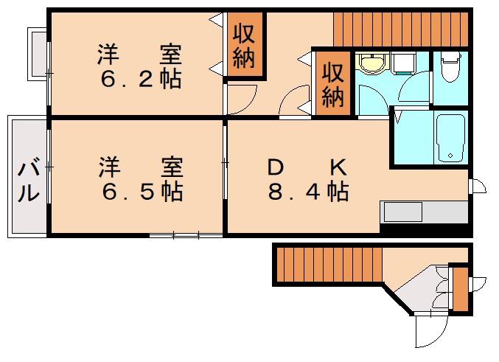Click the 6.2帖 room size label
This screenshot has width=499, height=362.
pyautogui.click(x=141, y=79)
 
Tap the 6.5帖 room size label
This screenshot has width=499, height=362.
pyautogui.click(x=142, y=192)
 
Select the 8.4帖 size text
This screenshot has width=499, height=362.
pyautogui.click(x=308, y=192)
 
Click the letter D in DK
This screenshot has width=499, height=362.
pyautogui.click(x=276, y=167)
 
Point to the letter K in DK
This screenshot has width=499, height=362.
pyautogui.click(x=338, y=167)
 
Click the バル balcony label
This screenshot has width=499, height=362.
pyautogui.click(x=29, y=182)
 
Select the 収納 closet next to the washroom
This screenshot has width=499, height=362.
pyautogui.click(x=333, y=84)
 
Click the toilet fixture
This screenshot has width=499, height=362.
pyautogui.click(x=450, y=66)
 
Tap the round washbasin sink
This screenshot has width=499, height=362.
pyautogui.click(x=372, y=63)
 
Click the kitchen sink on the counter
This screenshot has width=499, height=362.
pyautogui.click(x=403, y=212)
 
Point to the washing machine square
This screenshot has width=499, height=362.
pyautogui.click(x=403, y=63)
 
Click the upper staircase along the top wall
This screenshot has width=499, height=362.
pyautogui.click(x=401, y=29)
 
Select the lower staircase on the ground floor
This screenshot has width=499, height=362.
pyautogui.click(x=329, y=265)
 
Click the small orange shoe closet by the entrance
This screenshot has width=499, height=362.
pyautogui.click(x=460, y=289)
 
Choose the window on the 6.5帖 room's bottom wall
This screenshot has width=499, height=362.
pyautogui.click(x=186, y=236)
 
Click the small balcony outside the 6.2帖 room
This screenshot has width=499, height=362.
pyautogui.click(x=38, y=54)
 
